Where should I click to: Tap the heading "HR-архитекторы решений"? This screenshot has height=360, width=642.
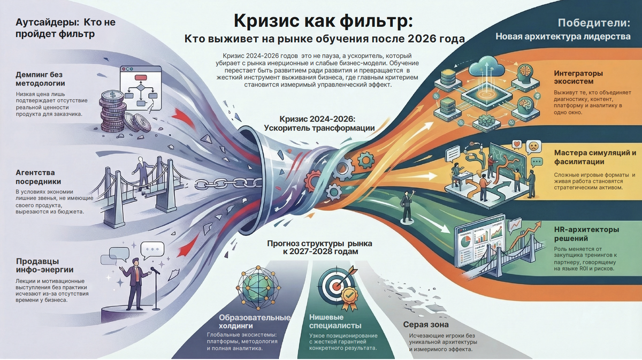587,234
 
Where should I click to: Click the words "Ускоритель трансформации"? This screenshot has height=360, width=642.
319,128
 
